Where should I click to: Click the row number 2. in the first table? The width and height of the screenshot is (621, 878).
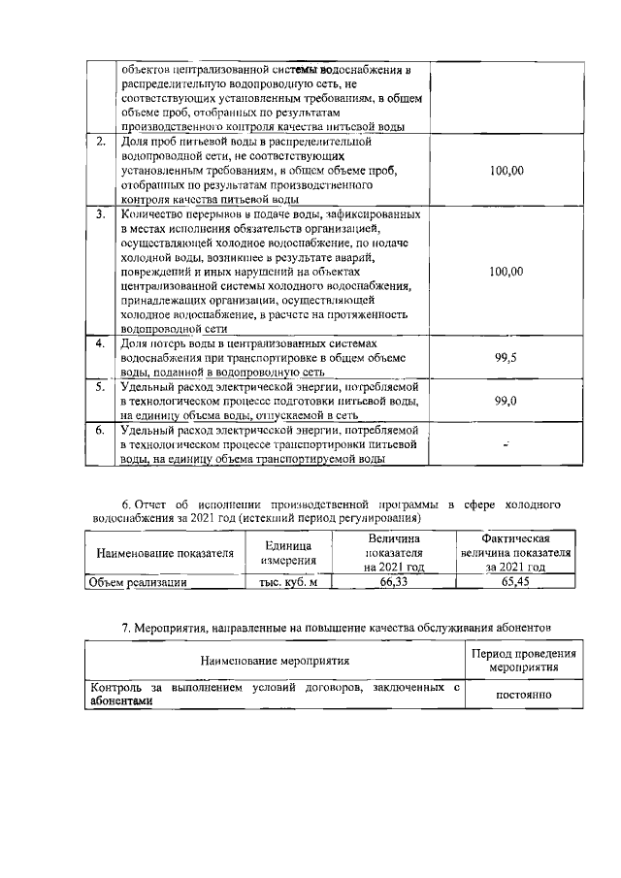[101, 142]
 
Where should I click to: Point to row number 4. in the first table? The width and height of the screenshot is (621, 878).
[101, 344]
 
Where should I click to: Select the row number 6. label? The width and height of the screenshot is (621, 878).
[101, 429]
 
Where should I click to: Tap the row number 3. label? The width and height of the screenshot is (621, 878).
[101, 212]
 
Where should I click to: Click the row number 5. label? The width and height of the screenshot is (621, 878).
[101, 386]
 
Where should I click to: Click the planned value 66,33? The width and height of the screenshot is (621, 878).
[393, 583]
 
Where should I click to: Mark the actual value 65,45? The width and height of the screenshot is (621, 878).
[515, 583]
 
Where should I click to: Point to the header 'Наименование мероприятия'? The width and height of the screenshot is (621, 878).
[276, 661]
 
